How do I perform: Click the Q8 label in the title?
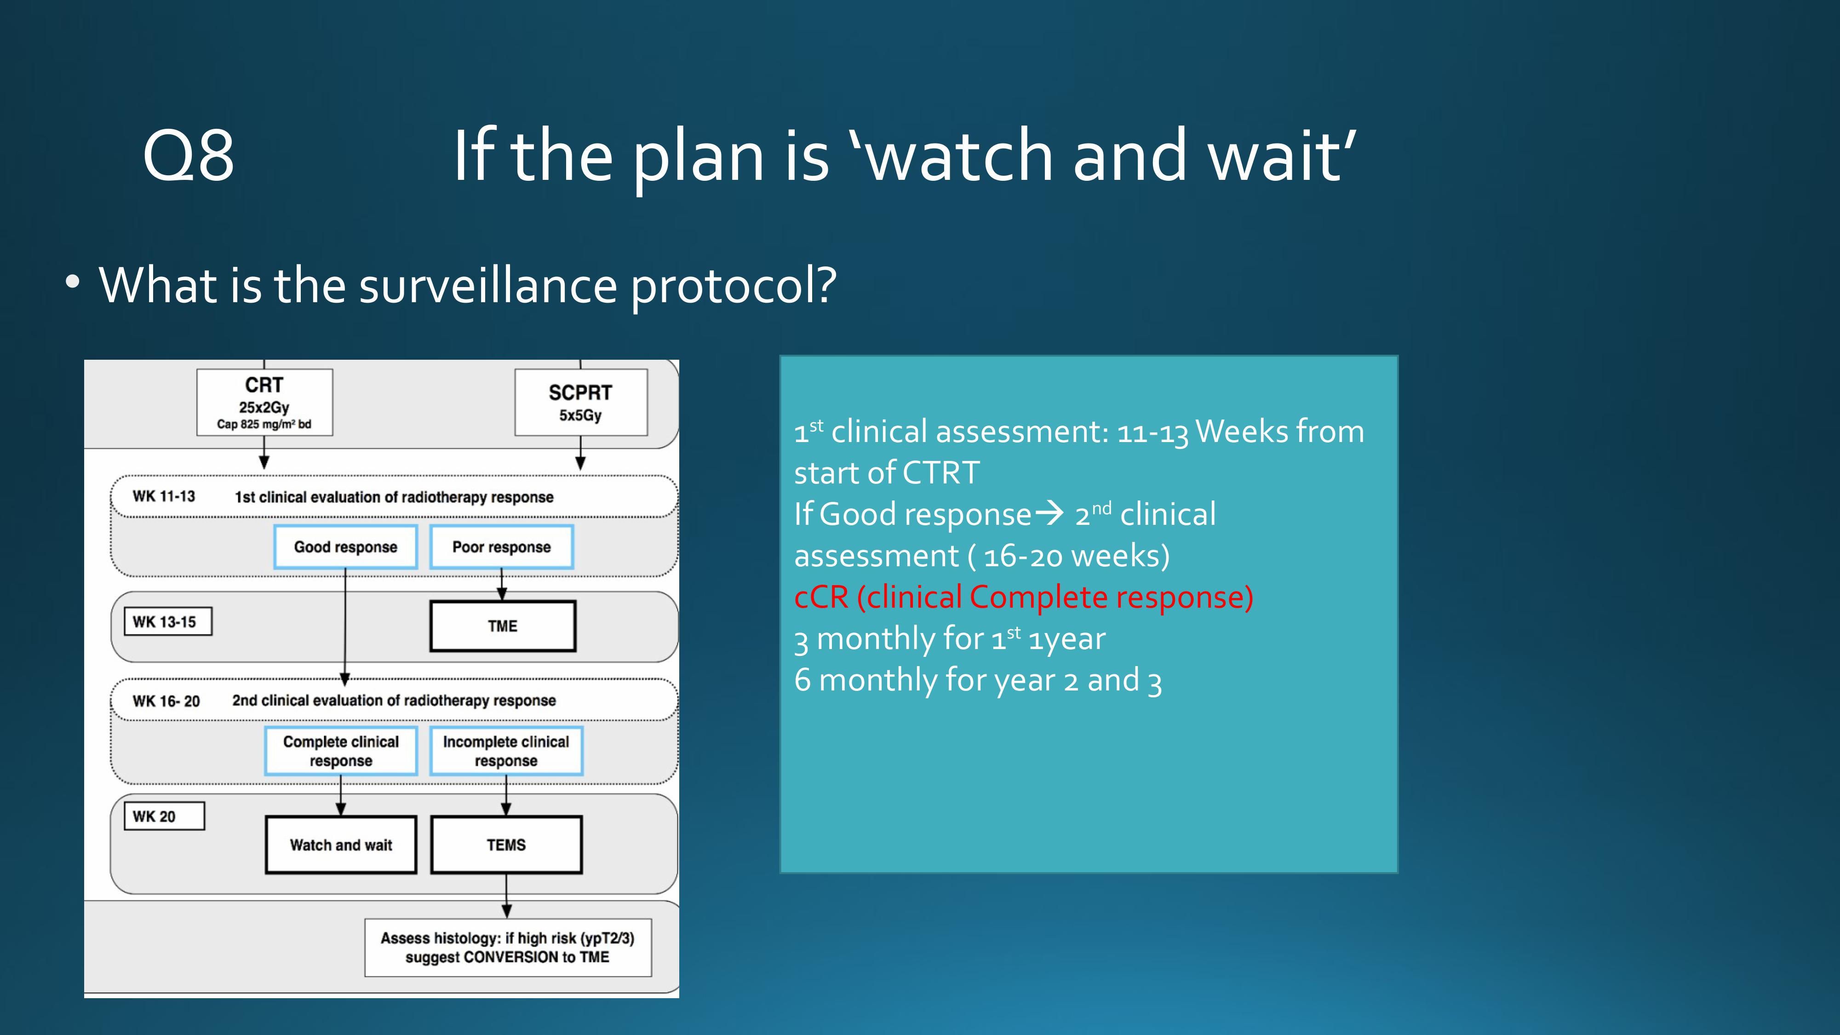tap(189, 156)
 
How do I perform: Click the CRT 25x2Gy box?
tap(264, 402)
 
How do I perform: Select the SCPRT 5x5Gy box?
tap(581, 402)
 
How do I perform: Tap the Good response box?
tap(346, 547)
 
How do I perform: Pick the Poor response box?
tap(501, 547)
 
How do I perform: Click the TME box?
tap(503, 626)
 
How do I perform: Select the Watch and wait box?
tap(341, 845)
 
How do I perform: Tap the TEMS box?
tap(506, 845)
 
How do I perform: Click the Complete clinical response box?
tap(341, 751)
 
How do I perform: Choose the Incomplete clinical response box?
tap(506, 751)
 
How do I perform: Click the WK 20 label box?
tap(164, 816)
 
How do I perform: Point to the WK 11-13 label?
tap(164, 496)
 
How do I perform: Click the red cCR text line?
tap(1024, 597)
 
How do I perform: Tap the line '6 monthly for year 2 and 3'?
tap(978, 680)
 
